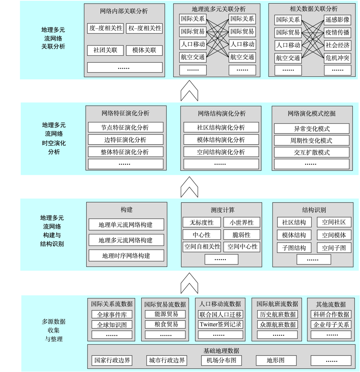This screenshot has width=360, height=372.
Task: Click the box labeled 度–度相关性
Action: tap(105, 28)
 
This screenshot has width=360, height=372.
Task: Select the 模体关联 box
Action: tap(144, 50)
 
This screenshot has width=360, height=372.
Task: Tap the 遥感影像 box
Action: tap(337, 20)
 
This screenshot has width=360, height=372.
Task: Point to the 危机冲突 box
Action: tap(337, 58)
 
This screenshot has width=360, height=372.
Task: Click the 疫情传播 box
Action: tap(337, 32)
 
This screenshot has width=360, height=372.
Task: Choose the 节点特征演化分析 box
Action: tap(126, 127)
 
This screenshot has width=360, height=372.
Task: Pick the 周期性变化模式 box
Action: tap(312, 141)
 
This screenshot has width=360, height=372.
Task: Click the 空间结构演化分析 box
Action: tap(221, 152)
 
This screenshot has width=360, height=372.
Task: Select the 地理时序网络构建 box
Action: tap(126, 255)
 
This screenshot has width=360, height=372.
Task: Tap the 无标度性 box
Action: tap(202, 222)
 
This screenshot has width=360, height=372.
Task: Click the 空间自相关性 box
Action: tap(202, 247)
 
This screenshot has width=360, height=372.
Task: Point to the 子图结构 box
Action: tap(294, 248)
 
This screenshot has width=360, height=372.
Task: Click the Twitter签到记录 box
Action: tap(220, 324)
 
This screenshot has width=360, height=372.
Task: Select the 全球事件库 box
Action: tap(112, 315)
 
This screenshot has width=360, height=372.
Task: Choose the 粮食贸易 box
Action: tap(165, 324)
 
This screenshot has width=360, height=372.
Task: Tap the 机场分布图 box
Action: tap(221, 360)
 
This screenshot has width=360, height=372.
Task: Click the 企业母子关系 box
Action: tap(331, 324)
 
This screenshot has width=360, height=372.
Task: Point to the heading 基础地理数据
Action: tap(221, 351)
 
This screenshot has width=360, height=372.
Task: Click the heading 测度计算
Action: tap(223, 210)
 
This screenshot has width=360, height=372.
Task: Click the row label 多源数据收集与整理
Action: tap(54, 330)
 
